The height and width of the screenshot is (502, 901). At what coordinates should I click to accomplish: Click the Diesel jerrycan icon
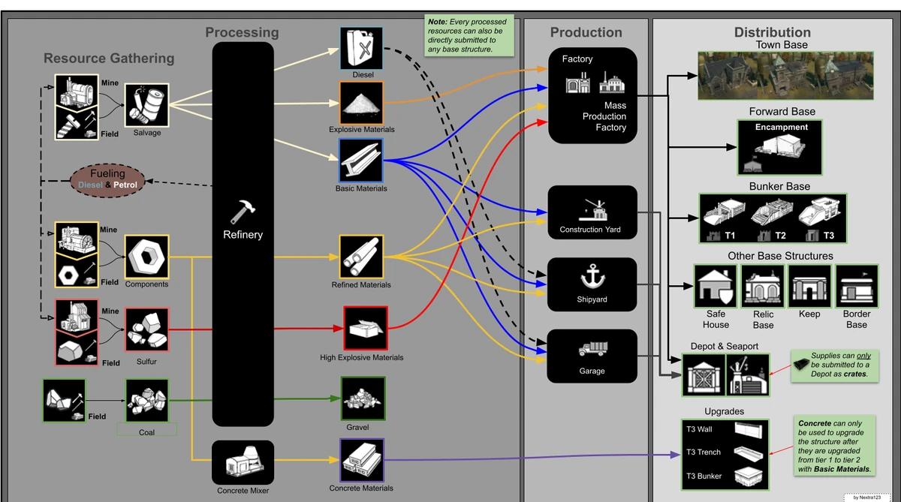coord(361,49)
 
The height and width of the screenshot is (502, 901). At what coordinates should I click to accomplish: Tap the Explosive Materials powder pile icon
coord(361,104)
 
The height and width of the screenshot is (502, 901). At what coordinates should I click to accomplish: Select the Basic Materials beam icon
coord(361,161)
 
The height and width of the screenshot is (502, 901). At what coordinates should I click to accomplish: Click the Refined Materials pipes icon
coord(361,257)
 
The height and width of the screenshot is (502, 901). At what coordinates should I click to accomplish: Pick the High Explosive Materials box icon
coord(366,329)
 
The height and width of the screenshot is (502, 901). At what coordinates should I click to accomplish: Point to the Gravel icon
coord(363,398)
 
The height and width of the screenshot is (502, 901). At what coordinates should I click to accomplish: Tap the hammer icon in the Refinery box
coord(243,212)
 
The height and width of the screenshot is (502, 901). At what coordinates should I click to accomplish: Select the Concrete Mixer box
coord(243,462)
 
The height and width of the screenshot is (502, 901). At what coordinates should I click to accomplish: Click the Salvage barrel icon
coord(147,105)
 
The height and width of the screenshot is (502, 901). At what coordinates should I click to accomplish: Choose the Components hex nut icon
coord(146,257)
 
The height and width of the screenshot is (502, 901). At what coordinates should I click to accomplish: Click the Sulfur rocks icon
coord(147,330)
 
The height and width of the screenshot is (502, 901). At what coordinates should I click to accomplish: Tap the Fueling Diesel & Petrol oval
coord(107,179)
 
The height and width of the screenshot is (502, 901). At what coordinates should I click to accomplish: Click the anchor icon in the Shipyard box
coord(593,278)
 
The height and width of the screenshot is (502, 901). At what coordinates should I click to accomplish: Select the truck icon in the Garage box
coord(592,349)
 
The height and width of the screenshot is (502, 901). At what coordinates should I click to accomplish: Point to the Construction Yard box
coord(592,213)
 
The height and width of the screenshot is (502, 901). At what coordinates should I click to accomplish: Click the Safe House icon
coord(716,286)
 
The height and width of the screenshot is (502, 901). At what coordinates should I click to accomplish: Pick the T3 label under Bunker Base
coord(829,236)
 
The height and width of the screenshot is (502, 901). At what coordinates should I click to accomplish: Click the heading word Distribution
coord(772,32)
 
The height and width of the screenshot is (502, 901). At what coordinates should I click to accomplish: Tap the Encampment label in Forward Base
coord(782,128)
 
